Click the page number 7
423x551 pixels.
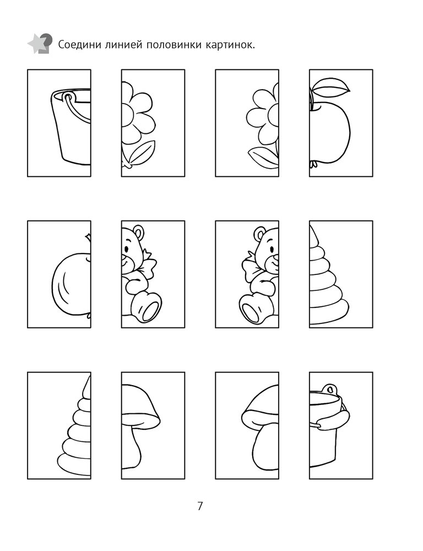[x=200, y=506]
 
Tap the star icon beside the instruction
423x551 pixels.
[x=39, y=43]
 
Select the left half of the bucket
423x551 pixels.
[x=70, y=127]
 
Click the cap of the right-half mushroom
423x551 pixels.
[x=140, y=404]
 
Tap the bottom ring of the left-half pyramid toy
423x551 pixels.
[x=74, y=463]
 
